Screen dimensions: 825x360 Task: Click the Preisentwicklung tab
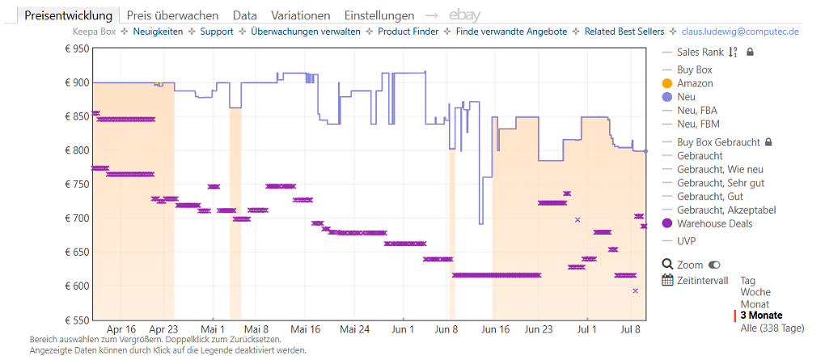(x=69, y=15)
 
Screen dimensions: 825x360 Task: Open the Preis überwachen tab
(x=172, y=15)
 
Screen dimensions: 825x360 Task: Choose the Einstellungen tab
(x=379, y=15)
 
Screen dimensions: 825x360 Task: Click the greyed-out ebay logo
(x=464, y=15)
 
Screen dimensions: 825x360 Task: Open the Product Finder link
(x=408, y=32)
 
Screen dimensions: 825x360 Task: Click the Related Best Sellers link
(x=624, y=32)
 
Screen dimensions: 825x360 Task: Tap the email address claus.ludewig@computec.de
(x=740, y=32)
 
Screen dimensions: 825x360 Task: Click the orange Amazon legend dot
(x=667, y=83)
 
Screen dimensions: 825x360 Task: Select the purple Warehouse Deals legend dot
(x=667, y=223)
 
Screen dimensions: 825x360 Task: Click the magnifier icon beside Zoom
(x=667, y=265)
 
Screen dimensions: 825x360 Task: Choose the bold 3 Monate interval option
(x=761, y=316)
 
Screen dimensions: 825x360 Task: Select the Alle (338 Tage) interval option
(x=772, y=328)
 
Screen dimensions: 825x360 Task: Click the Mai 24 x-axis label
(x=354, y=329)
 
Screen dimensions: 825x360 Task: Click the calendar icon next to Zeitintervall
(x=667, y=280)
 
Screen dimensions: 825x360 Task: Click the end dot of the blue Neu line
(x=646, y=151)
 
